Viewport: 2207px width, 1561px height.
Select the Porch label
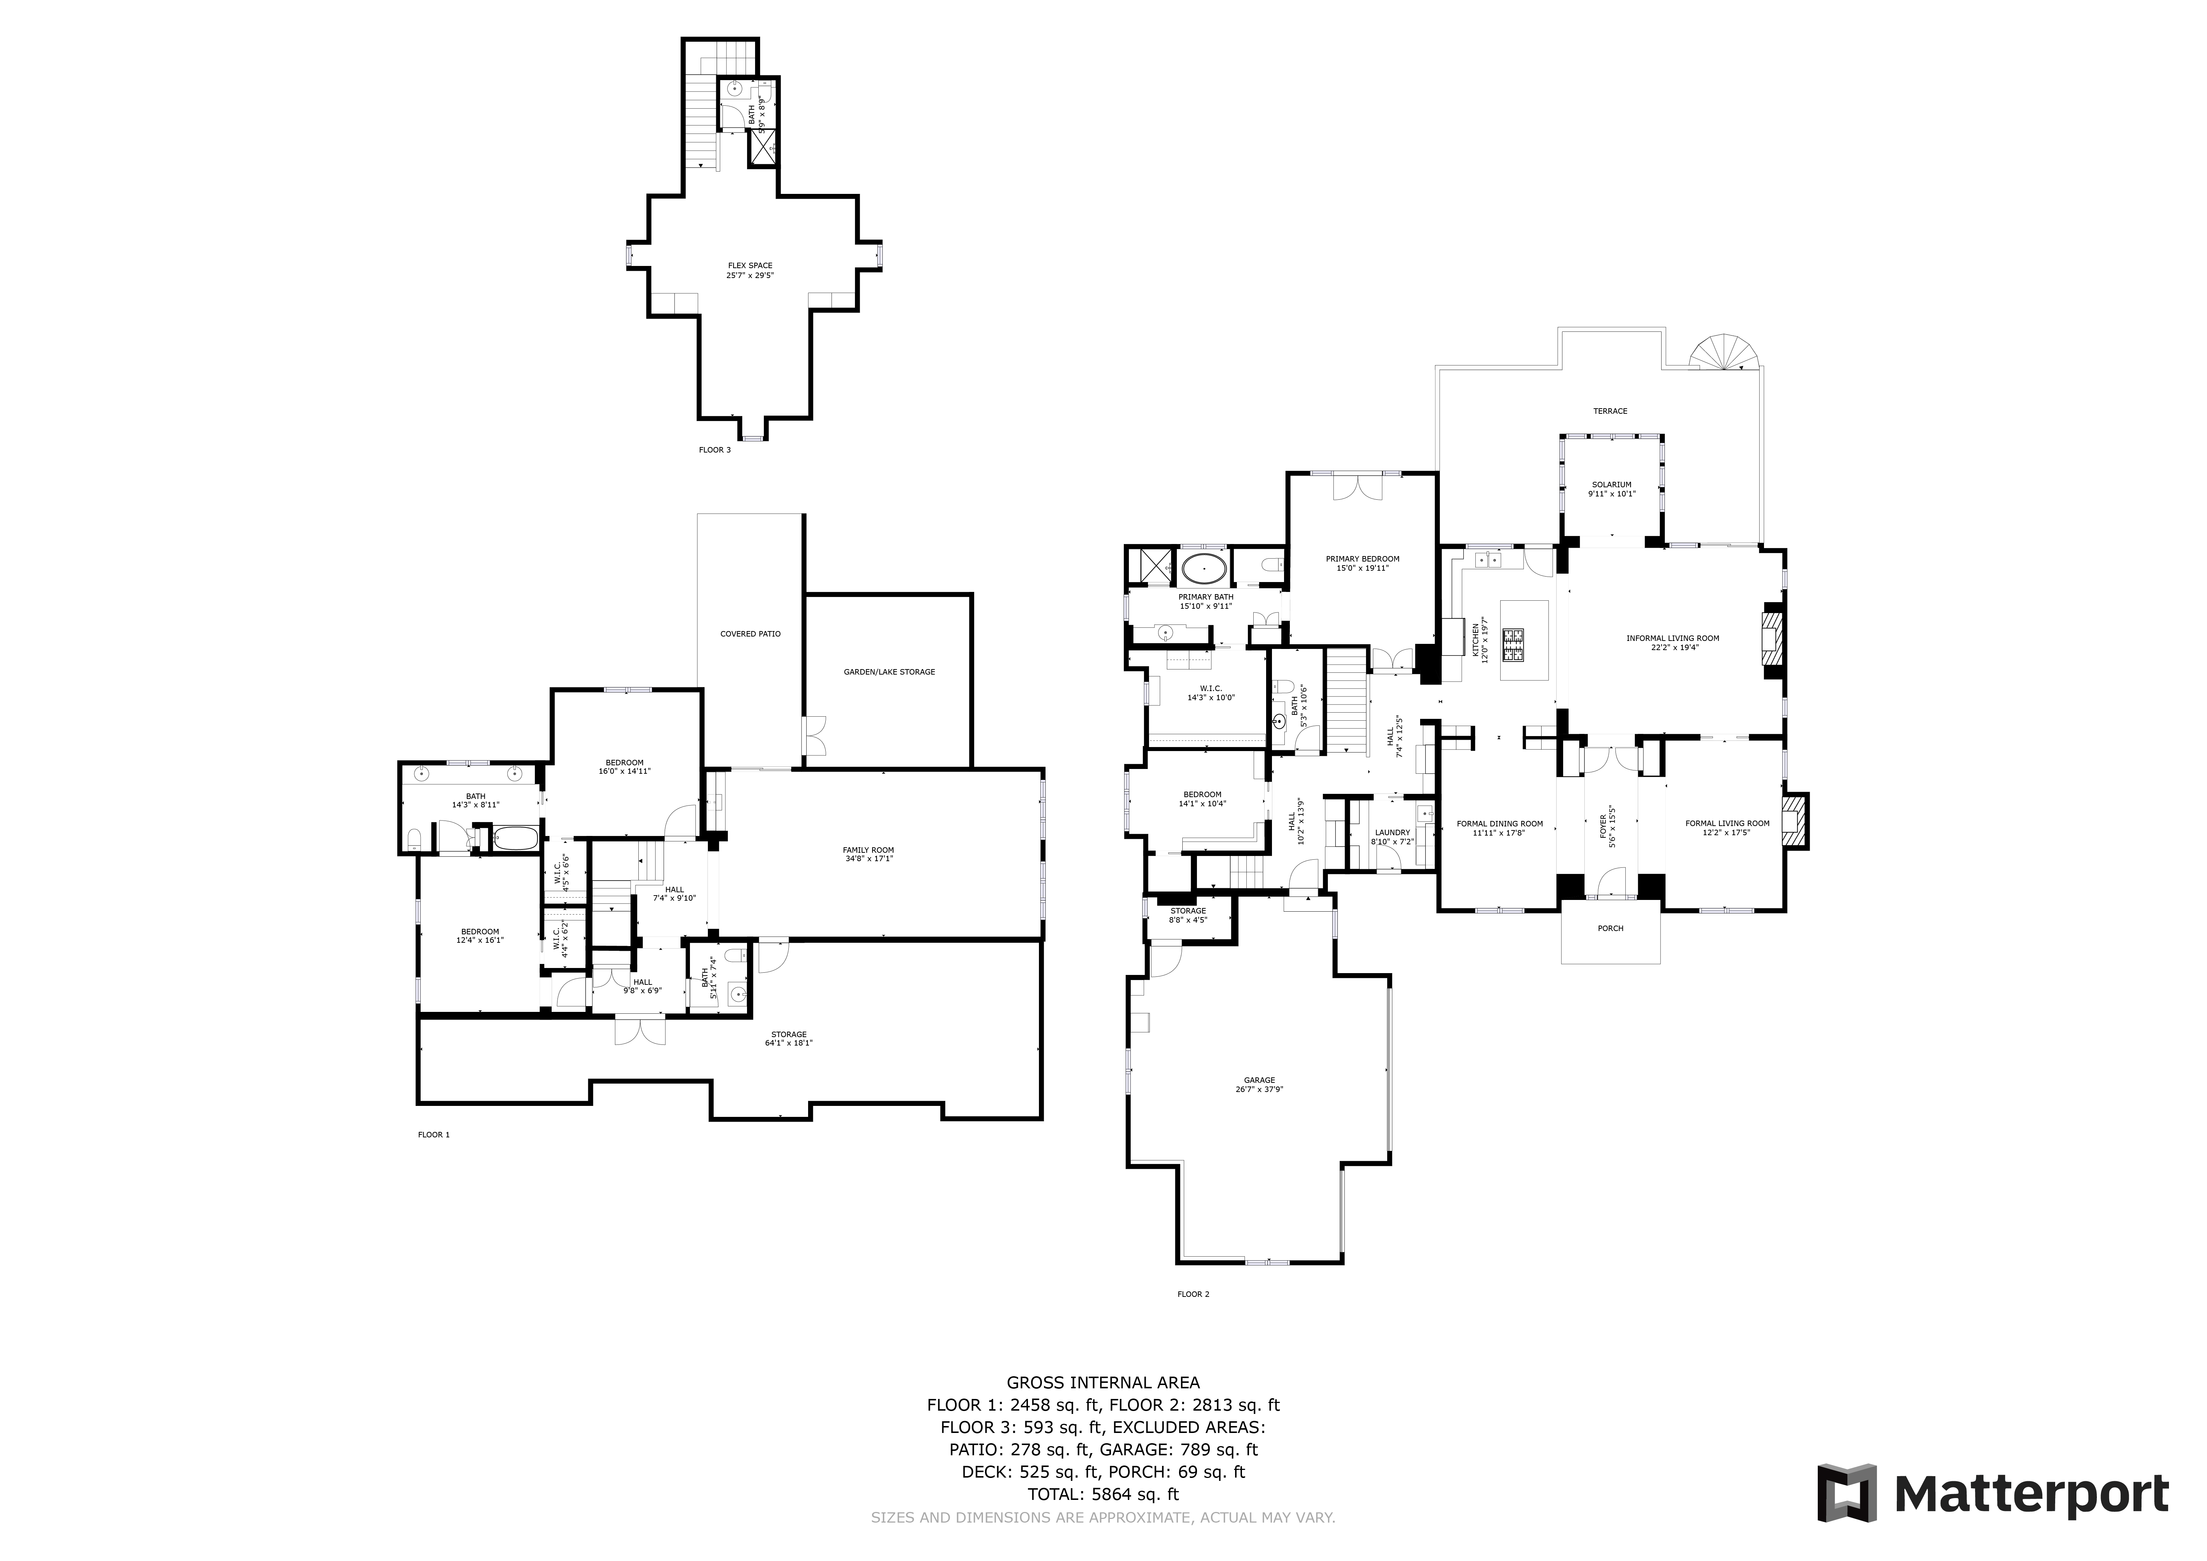[x=1610, y=928]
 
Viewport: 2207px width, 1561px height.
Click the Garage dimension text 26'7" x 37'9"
[x=1259, y=1090]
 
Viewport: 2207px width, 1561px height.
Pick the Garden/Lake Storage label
[x=889, y=672]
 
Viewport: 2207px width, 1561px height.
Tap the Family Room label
[x=868, y=850]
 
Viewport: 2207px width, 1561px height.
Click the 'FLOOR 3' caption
[x=714, y=450]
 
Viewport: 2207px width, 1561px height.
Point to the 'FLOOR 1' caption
[x=433, y=1134]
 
